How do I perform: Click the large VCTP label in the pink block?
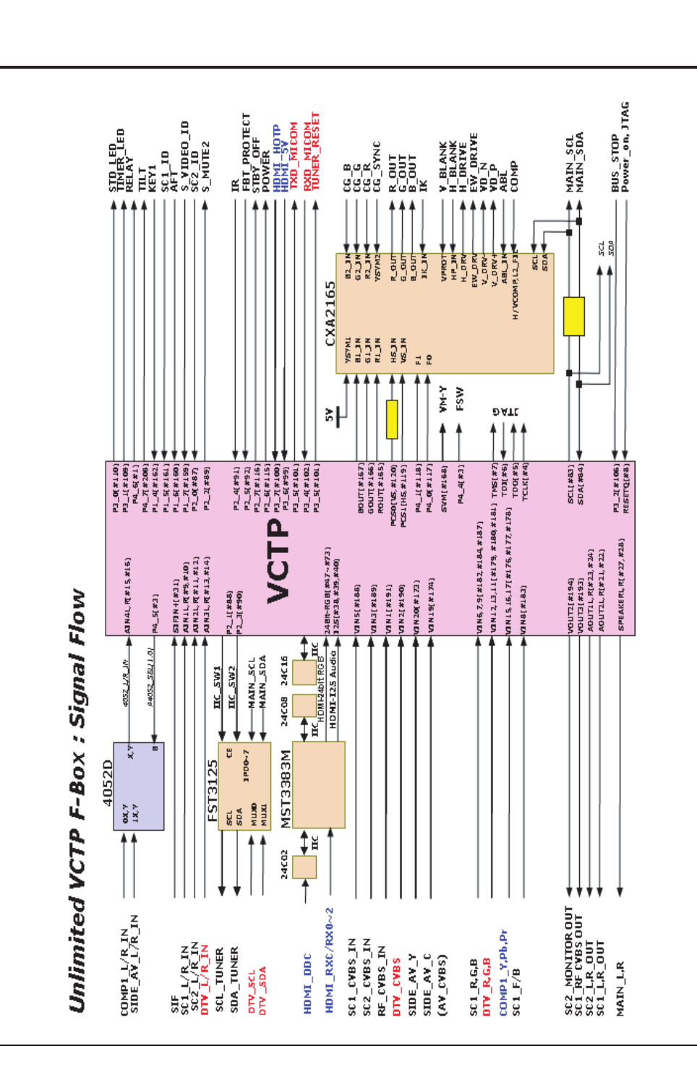click(279, 561)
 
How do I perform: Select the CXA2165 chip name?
click(330, 312)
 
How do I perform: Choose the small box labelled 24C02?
click(304, 867)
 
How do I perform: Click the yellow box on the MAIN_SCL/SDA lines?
click(573, 316)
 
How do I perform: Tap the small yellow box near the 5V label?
click(392, 419)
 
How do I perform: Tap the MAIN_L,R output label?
click(620, 988)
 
